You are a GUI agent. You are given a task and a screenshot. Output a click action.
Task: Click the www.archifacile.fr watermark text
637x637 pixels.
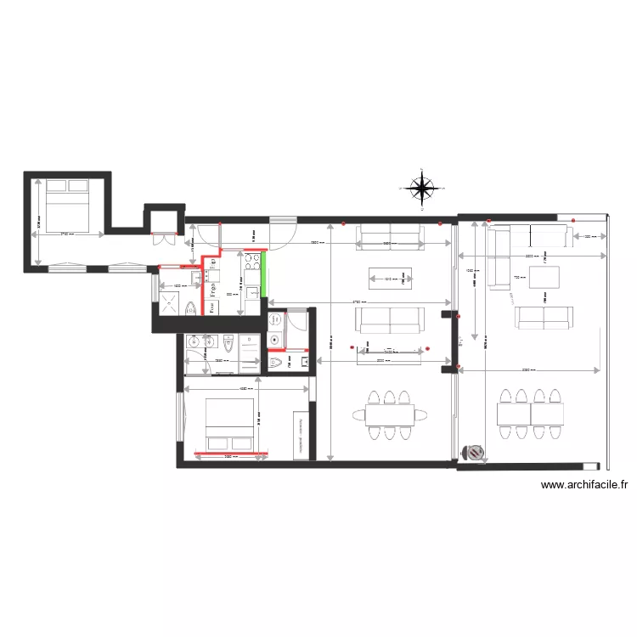pyautogui.click(x=584, y=485)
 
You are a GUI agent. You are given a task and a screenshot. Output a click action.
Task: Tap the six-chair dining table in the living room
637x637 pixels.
pyautogui.click(x=390, y=414)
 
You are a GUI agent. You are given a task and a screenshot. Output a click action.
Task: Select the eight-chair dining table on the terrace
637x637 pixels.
pyautogui.click(x=530, y=414)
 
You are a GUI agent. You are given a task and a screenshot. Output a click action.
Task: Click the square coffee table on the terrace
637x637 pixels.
pyautogui.click(x=544, y=278)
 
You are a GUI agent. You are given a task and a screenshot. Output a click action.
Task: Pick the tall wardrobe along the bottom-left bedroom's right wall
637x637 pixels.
pyautogui.click(x=300, y=435)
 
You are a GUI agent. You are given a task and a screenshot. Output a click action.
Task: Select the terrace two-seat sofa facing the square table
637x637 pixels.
pyautogui.click(x=544, y=318)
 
